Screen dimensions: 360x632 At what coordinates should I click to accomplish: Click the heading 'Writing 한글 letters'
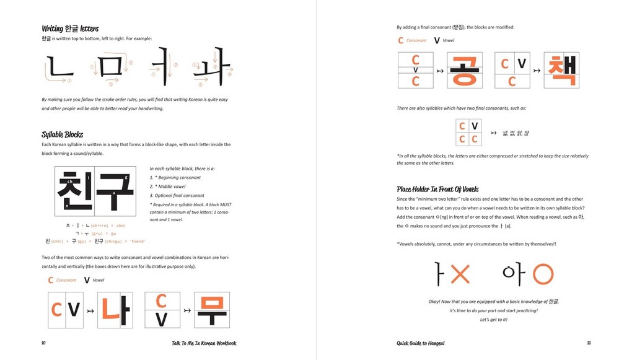pyautogui.click(x=70, y=29)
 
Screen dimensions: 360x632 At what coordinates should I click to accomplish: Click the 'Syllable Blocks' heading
pyautogui.click(x=62, y=134)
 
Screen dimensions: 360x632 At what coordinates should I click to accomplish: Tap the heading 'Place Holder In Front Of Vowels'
pyautogui.click(x=437, y=189)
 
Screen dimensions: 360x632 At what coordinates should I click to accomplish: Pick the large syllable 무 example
pyautogui.click(x=212, y=310)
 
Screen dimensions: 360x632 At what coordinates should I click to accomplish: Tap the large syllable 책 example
pyautogui.click(x=561, y=71)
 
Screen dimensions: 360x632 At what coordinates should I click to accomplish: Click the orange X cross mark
pyautogui.click(x=460, y=274)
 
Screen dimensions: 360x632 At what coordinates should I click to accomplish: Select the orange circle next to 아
pyautogui.click(x=543, y=274)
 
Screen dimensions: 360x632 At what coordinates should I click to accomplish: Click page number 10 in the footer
pyautogui.click(x=43, y=343)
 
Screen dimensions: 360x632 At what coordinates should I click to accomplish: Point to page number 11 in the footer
pyautogui.click(x=588, y=343)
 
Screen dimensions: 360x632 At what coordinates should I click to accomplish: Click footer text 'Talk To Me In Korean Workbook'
pyautogui.click(x=204, y=343)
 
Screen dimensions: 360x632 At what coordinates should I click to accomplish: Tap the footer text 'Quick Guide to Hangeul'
pyautogui.click(x=421, y=343)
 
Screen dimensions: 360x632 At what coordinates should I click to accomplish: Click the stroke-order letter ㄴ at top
pyautogui.click(x=59, y=67)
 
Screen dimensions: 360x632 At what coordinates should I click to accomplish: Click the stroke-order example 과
pyautogui.click(x=212, y=67)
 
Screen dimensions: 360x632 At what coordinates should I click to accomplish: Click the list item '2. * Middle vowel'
pyautogui.click(x=167, y=187)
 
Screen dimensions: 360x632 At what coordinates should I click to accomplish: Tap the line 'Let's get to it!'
pyautogui.click(x=493, y=320)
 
